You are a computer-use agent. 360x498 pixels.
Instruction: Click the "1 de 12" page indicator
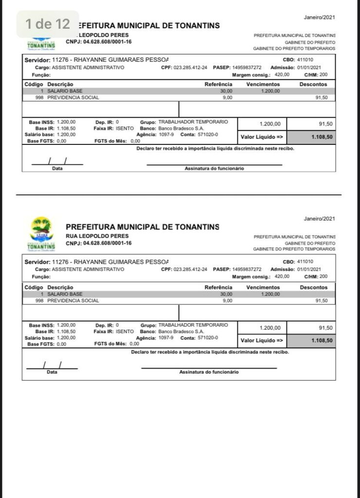coord(47,24)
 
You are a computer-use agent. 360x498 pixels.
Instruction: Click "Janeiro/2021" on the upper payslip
coord(319,18)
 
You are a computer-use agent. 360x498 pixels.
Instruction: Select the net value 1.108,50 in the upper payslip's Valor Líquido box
coord(323,137)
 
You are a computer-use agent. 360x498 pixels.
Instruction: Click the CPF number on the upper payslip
coord(190,68)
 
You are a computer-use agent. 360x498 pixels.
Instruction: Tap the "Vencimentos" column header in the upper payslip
coord(263,85)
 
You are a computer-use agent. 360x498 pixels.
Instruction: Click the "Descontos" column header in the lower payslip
coord(314,287)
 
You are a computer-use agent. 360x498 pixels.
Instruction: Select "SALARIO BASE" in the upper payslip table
coord(65,91)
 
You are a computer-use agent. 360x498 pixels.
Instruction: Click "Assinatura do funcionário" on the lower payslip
coord(209,372)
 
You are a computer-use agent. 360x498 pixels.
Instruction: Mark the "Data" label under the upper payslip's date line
coord(57,168)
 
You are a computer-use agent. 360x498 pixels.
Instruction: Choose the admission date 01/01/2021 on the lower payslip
coord(309,269)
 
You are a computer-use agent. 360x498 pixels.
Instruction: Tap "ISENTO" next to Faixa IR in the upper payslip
coord(125,128)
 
